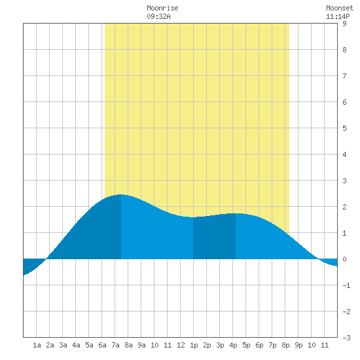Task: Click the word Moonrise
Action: click(162, 8)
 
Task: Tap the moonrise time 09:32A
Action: click(158, 16)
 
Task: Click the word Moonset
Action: click(340, 8)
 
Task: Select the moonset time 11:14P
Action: click(338, 16)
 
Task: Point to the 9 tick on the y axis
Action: click(344, 24)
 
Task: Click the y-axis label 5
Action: click(344, 128)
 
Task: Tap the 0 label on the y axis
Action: click(344, 259)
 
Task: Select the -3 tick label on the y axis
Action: click(346, 338)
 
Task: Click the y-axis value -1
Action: click(346, 285)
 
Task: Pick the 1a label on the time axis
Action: click(37, 345)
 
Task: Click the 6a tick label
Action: click(102, 345)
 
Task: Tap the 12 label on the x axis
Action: click(181, 345)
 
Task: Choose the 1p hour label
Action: click(194, 345)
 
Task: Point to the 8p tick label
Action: click(285, 345)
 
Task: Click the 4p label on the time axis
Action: click(233, 345)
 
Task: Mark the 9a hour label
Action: click(141, 345)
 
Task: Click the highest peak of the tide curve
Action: click(121, 194)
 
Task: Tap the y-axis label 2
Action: click(344, 207)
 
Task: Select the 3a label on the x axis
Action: click(63, 345)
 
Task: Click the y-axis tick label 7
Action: click(344, 76)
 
